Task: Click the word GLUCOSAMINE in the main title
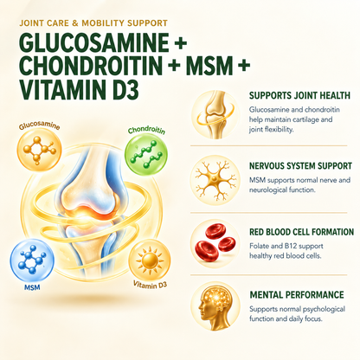click(x=94, y=42)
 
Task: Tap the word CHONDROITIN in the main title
click(x=91, y=66)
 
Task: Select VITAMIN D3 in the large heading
click(x=79, y=89)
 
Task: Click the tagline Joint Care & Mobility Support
click(x=93, y=23)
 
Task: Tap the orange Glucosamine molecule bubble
click(x=40, y=150)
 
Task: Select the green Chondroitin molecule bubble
click(x=146, y=154)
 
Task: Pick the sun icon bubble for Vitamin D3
click(x=150, y=260)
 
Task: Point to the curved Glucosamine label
click(x=40, y=125)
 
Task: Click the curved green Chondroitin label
click(x=146, y=131)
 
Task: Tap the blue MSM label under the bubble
click(x=32, y=287)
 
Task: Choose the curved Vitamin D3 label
click(x=150, y=285)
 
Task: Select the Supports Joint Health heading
click(x=299, y=95)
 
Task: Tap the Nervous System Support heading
click(x=300, y=166)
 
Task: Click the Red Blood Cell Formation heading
click(x=302, y=232)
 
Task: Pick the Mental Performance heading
click(x=297, y=295)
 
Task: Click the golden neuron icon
click(x=215, y=180)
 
